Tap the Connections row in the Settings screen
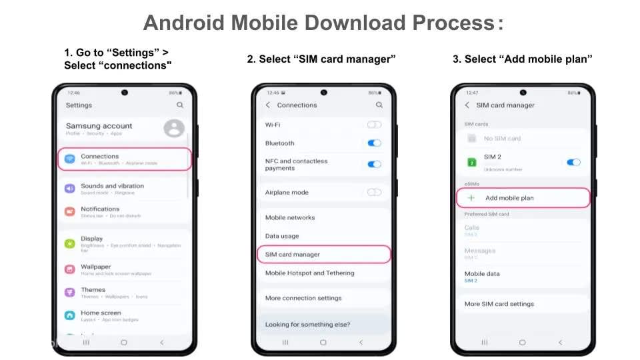click(x=125, y=159)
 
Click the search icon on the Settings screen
click(x=180, y=105)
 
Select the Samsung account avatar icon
click(x=174, y=128)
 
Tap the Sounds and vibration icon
click(x=69, y=189)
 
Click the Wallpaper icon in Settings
click(x=69, y=269)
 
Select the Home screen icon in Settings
click(x=69, y=315)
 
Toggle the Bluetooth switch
click(x=374, y=143)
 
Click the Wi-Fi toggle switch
click(x=374, y=125)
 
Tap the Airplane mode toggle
click(x=374, y=192)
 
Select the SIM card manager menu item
click(x=293, y=255)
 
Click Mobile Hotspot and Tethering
click(x=310, y=273)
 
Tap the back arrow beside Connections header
click(x=268, y=105)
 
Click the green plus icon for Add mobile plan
click(x=471, y=198)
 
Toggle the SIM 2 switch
click(x=573, y=162)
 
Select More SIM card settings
click(x=499, y=304)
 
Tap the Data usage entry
click(x=282, y=236)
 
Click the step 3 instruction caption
click(x=522, y=59)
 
